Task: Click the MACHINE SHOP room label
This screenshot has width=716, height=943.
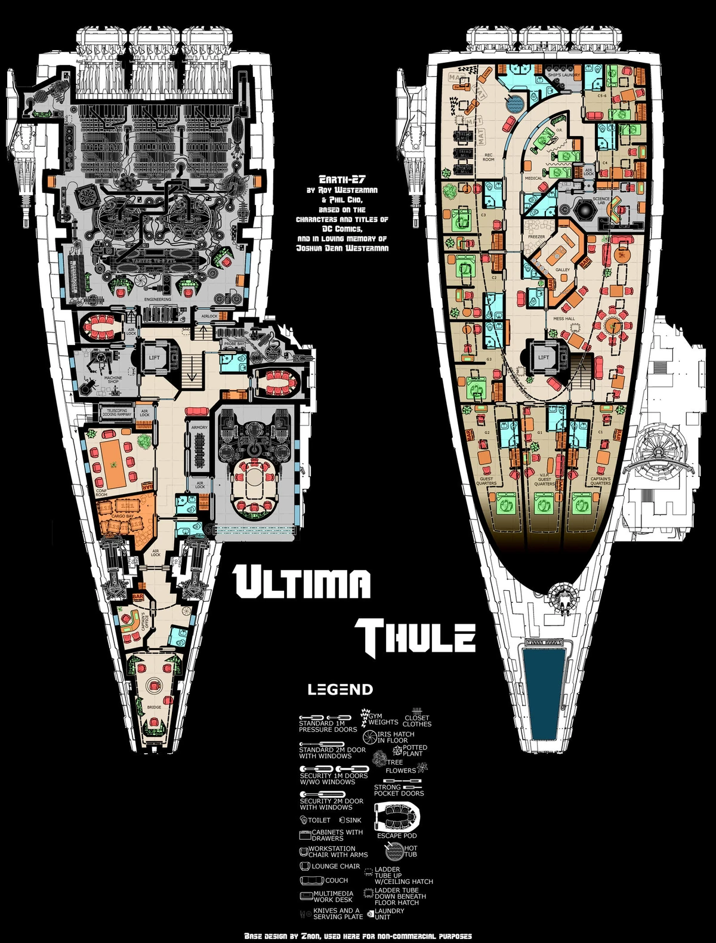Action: [113, 380]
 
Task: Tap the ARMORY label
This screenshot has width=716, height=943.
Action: [199, 427]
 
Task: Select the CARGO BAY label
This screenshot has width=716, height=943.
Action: [122, 516]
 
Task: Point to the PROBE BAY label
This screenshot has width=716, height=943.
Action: [234, 344]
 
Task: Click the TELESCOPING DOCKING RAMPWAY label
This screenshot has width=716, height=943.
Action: [117, 413]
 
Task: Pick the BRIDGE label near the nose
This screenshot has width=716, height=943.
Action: [154, 707]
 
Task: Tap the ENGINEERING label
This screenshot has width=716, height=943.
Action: [158, 299]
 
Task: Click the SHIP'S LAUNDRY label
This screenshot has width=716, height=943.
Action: [564, 75]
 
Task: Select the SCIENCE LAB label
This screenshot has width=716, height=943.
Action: [601, 201]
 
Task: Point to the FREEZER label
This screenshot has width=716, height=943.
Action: [536, 237]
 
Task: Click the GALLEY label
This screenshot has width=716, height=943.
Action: [563, 270]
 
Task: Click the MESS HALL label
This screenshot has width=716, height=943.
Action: [564, 319]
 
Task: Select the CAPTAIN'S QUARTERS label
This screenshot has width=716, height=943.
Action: [600, 481]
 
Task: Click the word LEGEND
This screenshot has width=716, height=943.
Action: [340, 689]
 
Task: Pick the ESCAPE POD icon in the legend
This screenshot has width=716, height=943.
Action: [397, 816]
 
